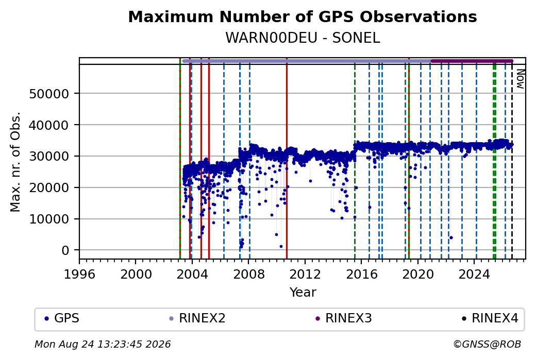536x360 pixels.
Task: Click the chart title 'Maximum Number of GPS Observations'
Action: [x=303, y=16]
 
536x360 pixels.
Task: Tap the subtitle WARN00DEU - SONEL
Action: [x=303, y=38]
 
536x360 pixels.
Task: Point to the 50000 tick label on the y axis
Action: [x=49, y=94]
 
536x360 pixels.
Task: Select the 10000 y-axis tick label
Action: [x=49, y=219]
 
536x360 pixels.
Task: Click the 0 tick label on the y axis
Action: [x=65, y=250]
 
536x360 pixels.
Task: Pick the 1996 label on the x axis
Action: [x=80, y=274]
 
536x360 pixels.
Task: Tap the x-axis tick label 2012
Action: [x=305, y=274]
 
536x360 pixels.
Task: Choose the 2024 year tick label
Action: [x=474, y=274]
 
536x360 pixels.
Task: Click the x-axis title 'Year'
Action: [x=303, y=293]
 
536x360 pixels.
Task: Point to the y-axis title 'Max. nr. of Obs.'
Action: [x=15, y=162]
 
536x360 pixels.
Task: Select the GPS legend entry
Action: [x=62, y=318]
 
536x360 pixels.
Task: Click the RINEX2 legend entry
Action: [x=197, y=318]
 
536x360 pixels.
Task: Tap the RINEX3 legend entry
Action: [x=344, y=318]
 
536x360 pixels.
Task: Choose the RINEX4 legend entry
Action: [x=490, y=318]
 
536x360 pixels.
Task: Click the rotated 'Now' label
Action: [x=520, y=79]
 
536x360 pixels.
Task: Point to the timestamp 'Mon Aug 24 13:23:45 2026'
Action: [x=103, y=344]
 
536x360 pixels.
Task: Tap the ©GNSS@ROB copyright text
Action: [x=487, y=344]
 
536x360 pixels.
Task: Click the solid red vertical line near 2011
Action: [x=287, y=158]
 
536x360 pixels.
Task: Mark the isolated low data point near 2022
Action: [x=451, y=238]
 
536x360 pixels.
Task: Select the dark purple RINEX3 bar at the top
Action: [x=472, y=61]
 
